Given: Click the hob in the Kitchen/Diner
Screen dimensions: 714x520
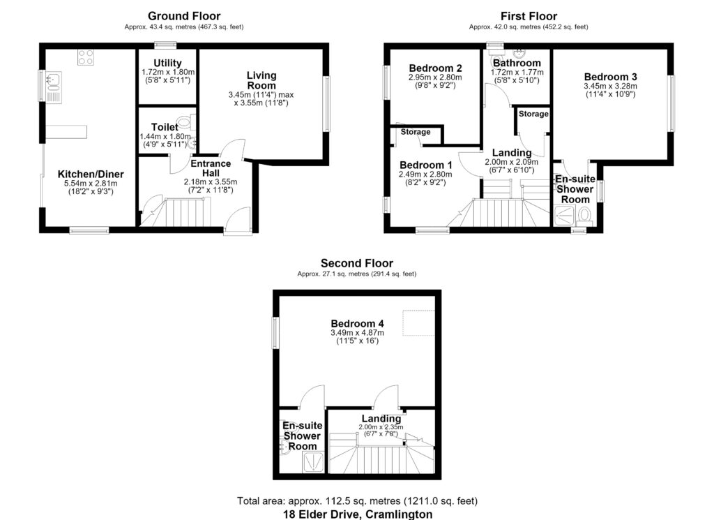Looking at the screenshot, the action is (86, 57).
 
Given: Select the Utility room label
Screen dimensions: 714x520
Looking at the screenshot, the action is (167, 63).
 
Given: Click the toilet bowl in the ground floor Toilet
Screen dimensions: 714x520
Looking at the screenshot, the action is (185, 122).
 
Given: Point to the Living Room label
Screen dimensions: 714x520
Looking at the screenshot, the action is (261, 80).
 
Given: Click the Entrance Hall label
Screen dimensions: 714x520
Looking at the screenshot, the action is (211, 168).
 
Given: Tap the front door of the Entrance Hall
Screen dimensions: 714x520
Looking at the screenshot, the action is (238, 221).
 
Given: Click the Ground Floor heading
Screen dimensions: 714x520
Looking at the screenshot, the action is (184, 16).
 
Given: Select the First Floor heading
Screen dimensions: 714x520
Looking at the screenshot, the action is (529, 16).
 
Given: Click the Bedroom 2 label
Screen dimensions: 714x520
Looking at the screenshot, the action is (435, 68).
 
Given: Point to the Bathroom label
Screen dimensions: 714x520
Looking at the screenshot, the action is (517, 63).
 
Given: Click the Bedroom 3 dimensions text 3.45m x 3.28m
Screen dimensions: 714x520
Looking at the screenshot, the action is (610, 86).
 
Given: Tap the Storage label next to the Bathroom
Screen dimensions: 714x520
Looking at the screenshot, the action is (533, 114).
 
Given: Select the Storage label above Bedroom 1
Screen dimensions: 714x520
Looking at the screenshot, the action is (416, 132).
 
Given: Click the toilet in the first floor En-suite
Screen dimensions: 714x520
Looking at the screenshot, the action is (584, 215).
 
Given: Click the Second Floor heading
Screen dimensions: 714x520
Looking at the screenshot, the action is (357, 263).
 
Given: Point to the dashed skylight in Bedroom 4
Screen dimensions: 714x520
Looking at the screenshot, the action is (419, 322).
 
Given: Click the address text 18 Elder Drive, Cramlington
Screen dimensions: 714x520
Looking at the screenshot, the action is (358, 514).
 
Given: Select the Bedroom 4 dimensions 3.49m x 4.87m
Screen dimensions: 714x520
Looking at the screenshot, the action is (358, 333).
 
